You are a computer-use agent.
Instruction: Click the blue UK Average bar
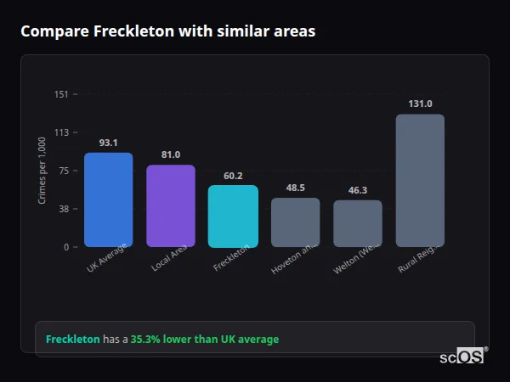pos(108,199)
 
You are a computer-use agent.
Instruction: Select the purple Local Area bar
pos(170,205)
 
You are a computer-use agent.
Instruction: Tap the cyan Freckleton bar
pos(233,216)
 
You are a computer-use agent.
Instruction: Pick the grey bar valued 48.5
pos(295,222)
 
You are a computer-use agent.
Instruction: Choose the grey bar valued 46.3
pos(357,223)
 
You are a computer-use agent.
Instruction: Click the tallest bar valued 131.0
pos(420,180)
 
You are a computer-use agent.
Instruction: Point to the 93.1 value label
pos(108,143)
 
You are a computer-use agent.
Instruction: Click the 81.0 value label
pos(170,154)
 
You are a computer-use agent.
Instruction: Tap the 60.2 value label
pos(233,176)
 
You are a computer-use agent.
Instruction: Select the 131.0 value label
pos(420,104)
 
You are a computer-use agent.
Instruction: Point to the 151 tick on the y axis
pos(61,94)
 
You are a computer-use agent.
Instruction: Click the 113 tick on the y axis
pos(61,132)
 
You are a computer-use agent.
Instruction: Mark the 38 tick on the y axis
pos(63,209)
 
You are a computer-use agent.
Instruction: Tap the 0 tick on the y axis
pos(65,247)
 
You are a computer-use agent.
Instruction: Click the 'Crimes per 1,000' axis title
pos(42,171)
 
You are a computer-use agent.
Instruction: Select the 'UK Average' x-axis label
pos(107,257)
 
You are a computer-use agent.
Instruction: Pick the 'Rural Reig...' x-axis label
pos(417,258)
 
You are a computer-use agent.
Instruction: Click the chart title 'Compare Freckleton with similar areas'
pos(167,31)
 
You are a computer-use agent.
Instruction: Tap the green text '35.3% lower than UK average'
pos(204,340)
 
